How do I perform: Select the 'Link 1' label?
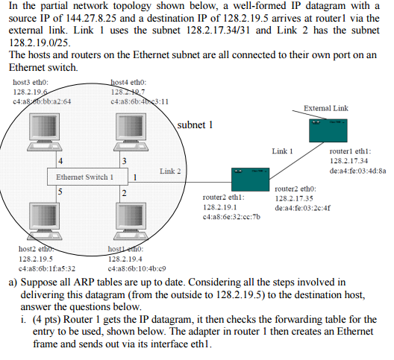pos(282,151)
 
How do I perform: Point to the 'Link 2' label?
pos(169,171)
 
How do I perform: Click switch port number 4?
pos(59,162)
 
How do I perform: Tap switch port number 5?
pos(59,192)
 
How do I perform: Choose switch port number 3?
pos(123,162)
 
